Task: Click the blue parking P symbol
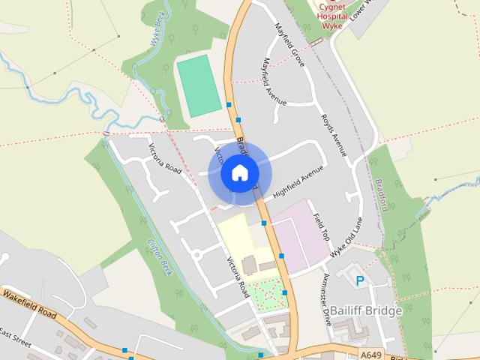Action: (360, 281)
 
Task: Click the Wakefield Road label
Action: (29, 302)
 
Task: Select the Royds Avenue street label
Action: (334, 136)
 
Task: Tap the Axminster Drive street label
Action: (326, 298)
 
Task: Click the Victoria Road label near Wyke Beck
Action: (165, 158)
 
